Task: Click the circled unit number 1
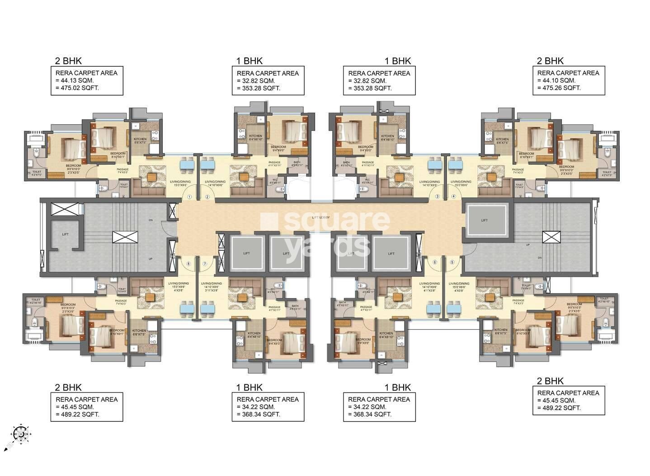pos(190,197)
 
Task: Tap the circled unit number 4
pos(453,196)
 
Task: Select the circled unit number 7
pos(205,263)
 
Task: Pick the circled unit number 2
pos(207,197)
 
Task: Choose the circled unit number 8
pos(188,263)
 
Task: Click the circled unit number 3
pos(437,196)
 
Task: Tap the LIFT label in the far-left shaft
pos(66,234)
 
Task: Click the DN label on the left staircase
pos(150,220)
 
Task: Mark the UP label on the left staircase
pos(150,259)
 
